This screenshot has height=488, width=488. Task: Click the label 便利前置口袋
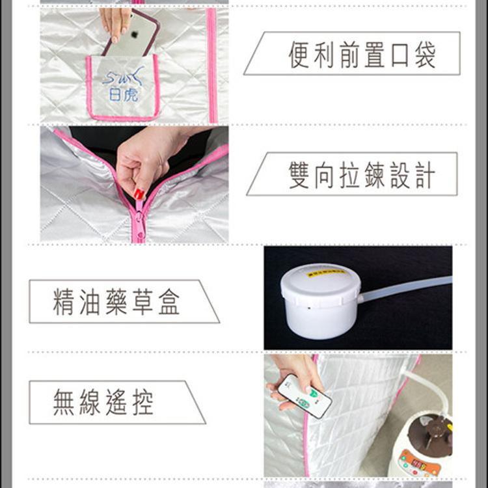361,54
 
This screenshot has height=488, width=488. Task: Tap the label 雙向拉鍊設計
361,174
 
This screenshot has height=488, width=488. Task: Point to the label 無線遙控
104,403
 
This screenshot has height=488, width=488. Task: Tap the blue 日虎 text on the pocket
123,95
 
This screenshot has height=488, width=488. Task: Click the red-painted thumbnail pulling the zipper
139,194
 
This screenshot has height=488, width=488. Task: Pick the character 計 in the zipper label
424,175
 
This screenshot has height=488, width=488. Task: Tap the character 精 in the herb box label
64,302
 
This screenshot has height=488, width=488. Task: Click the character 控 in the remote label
142,403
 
